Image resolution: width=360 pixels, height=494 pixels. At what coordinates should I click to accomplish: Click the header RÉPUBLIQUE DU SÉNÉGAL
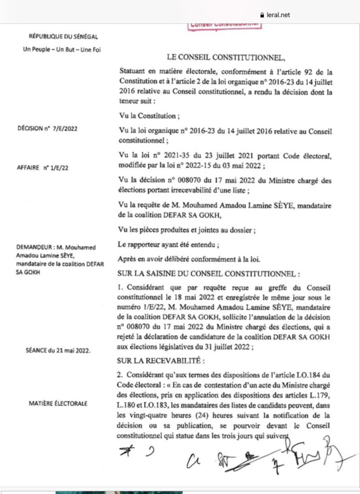63,37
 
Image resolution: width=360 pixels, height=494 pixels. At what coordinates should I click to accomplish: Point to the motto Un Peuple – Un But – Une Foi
62,50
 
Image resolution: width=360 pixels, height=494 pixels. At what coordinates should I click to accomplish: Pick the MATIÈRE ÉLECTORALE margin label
58,403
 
